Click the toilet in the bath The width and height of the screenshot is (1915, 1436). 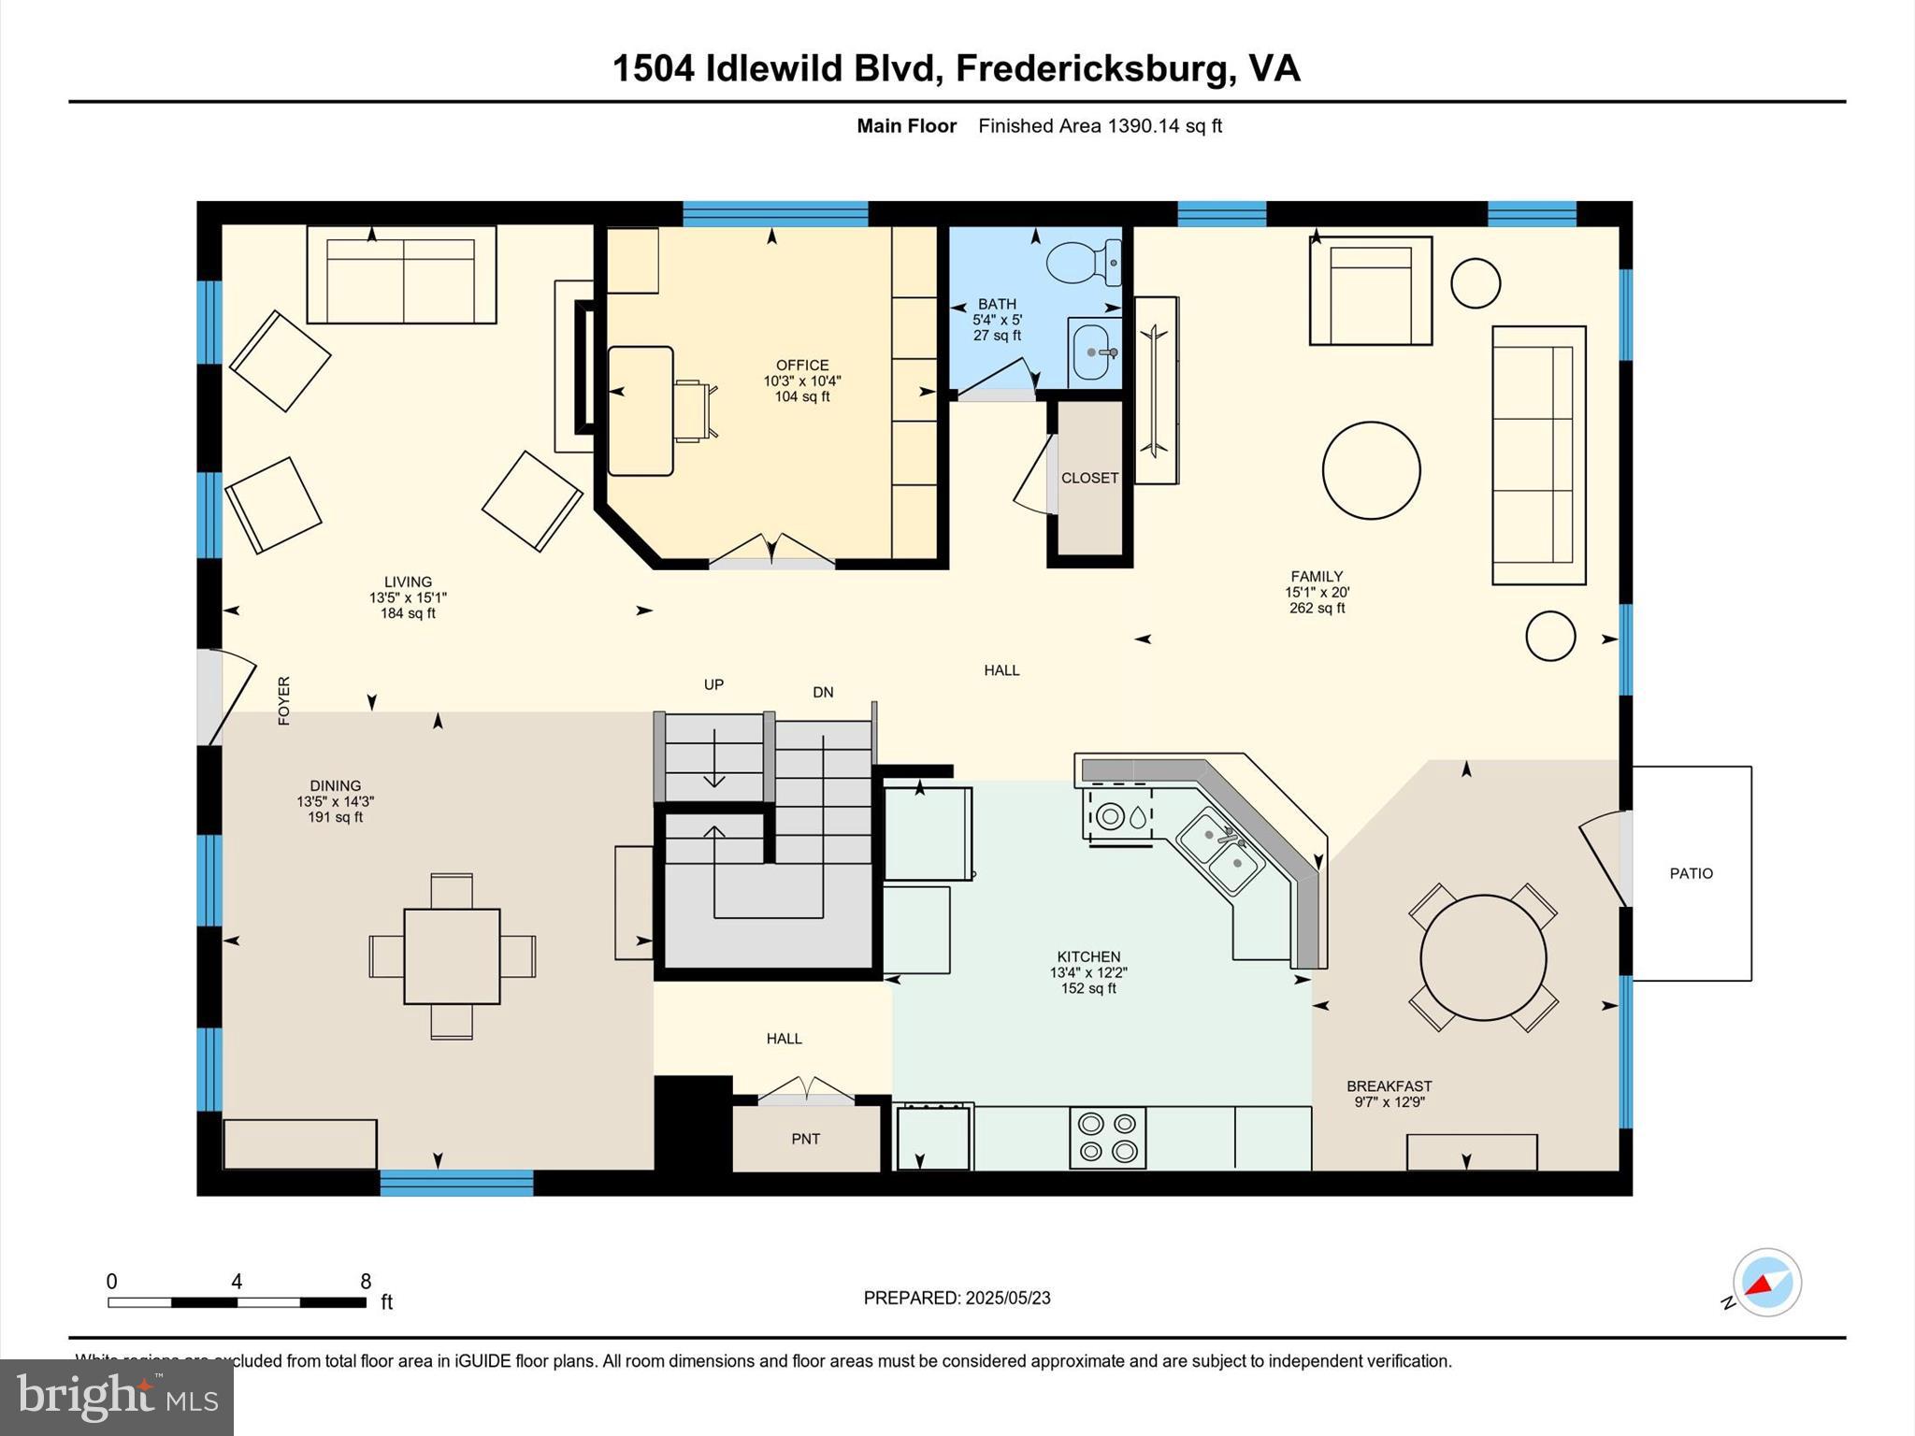1083,263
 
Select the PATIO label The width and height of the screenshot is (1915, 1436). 1691,873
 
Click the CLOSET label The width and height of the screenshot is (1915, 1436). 1089,478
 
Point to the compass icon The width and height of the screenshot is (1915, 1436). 1766,1283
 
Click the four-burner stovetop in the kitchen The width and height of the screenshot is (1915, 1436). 1107,1138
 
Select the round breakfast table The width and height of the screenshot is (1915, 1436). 1483,958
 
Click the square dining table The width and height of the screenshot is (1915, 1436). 452,956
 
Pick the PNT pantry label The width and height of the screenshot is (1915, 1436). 805,1139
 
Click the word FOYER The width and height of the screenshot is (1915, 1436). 284,700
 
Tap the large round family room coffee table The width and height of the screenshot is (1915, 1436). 1371,470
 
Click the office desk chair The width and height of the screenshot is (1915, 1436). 695,410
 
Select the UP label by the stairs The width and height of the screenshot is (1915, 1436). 713,684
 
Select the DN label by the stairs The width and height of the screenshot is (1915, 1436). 823,692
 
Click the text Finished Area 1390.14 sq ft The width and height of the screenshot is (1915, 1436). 1100,126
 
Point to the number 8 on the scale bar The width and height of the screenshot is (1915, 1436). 366,1282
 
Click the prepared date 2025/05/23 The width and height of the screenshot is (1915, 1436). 1007,1298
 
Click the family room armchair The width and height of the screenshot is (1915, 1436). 1370,291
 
